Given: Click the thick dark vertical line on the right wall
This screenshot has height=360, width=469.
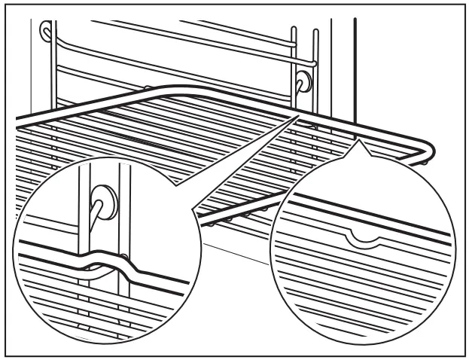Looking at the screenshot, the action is (x=354, y=68).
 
